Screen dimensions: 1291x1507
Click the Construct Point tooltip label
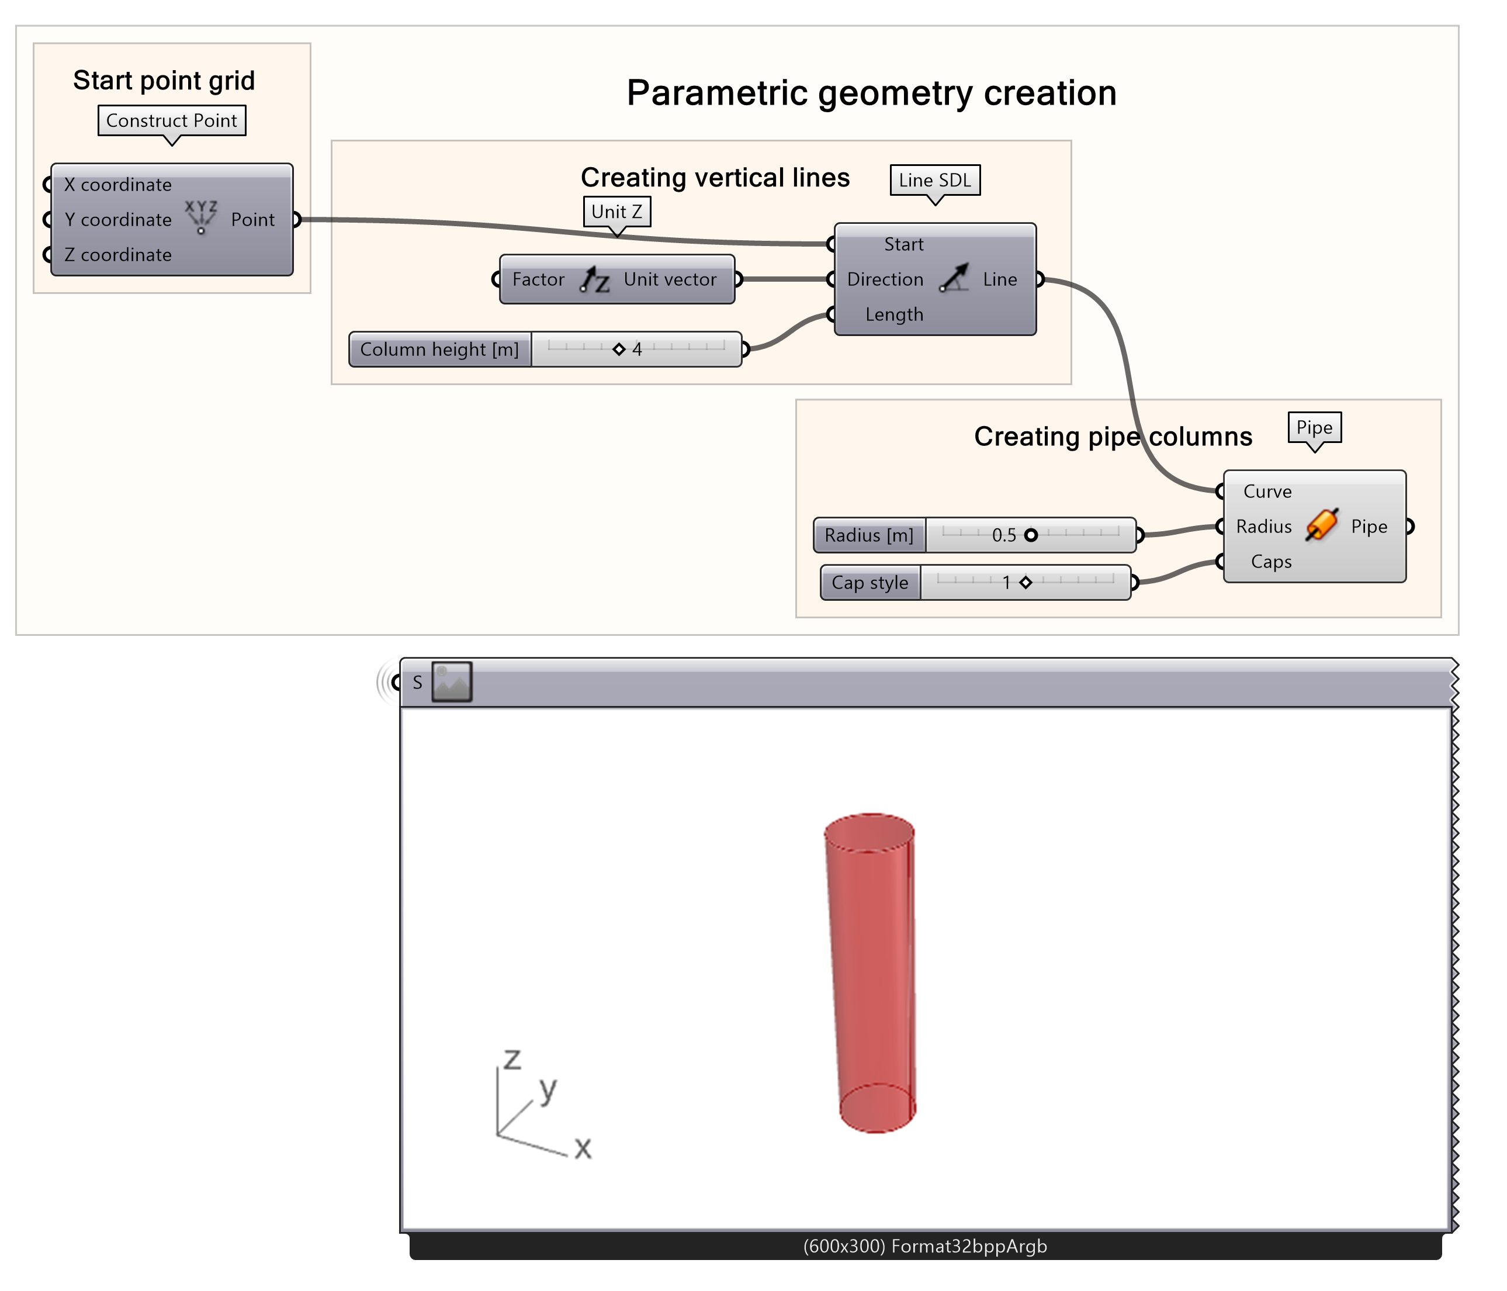pyautogui.click(x=172, y=121)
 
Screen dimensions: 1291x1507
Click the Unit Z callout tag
pyautogui.click(x=616, y=212)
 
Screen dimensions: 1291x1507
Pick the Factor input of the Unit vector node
pyautogui.click(x=538, y=279)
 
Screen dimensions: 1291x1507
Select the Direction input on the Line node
pyautogui.click(x=885, y=279)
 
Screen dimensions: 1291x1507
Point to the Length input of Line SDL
pyautogui.click(x=894, y=314)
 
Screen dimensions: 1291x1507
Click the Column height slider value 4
pyautogui.click(x=637, y=349)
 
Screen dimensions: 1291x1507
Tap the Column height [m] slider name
pyautogui.click(x=439, y=349)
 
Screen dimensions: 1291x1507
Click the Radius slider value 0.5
pyautogui.click(x=1004, y=535)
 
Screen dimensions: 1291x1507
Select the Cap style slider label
pyautogui.click(x=870, y=583)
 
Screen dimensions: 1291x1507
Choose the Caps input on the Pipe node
pyautogui.click(x=1270, y=562)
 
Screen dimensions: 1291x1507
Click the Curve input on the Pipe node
pyautogui.click(x=1267, y=492)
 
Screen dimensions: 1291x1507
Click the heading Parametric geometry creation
pyautogui.click(x=871, y=93)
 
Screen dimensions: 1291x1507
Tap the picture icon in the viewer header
pyautogui.click(x=452, y=681)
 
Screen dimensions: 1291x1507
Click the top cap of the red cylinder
pyautogui.click(x=869, y=832)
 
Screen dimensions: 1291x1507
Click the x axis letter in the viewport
pyautogui.click(x=583, y=1148)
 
